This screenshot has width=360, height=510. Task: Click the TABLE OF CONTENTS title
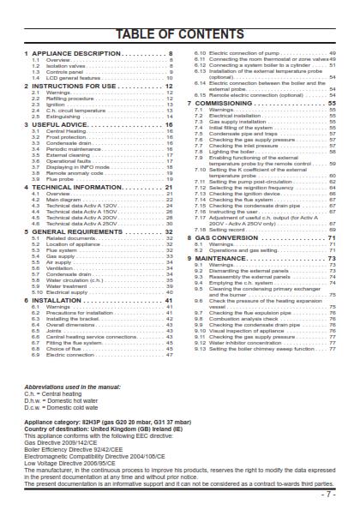pyautogui.click(x=180, y=34)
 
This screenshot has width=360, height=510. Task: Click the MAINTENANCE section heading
pyautogui.click(x=226, y=258)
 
